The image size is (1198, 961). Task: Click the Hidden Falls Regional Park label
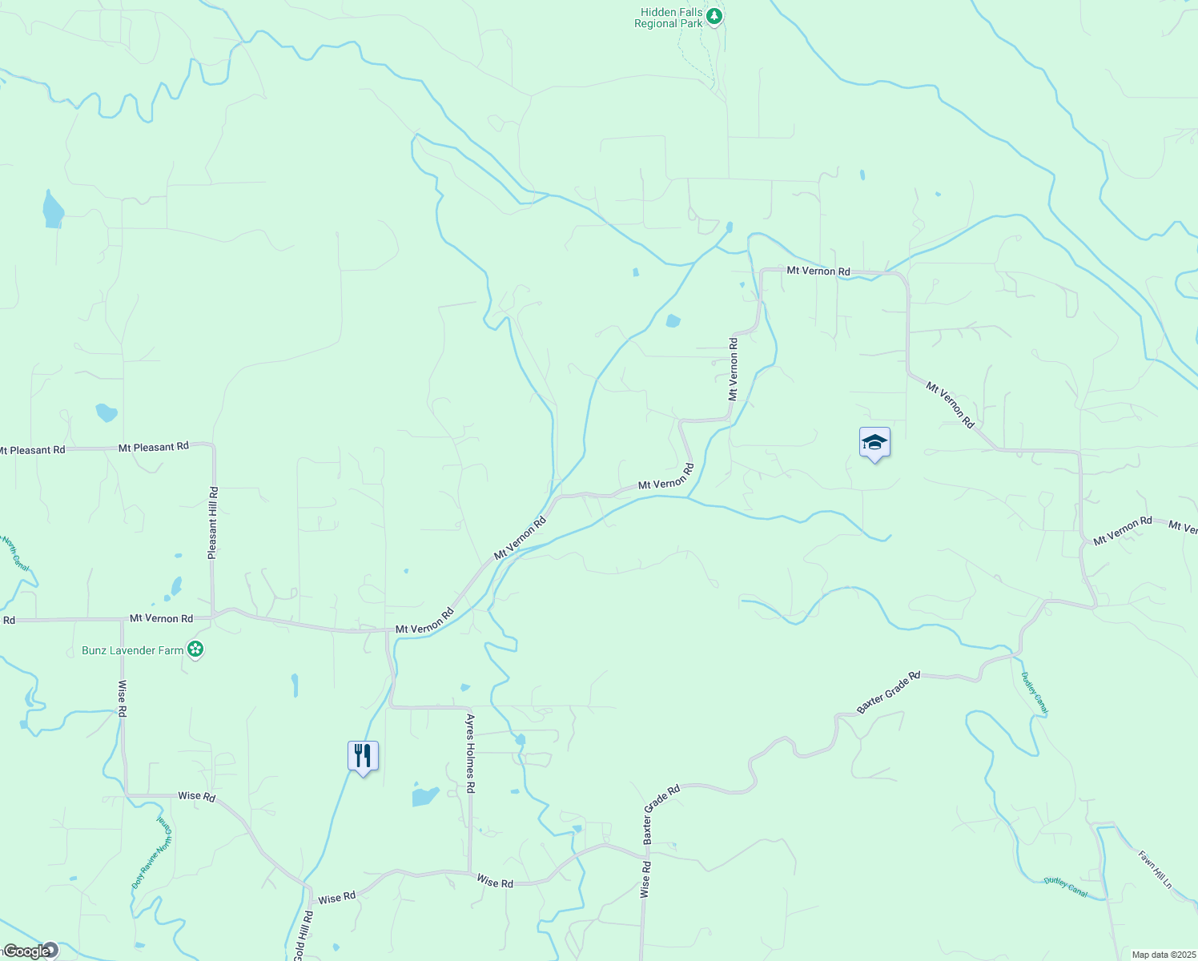tap(669, 18)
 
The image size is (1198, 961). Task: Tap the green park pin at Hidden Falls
tap(714, 16)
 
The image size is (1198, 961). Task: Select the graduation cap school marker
tap(874, 443)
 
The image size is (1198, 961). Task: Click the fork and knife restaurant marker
tap(363, 755)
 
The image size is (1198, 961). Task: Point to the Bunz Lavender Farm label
tap(133, 650)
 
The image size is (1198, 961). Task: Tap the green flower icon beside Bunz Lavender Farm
tap(195, 649)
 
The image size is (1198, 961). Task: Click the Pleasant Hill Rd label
tap(212, 522)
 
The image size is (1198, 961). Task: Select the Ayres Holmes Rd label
tap(471, 754)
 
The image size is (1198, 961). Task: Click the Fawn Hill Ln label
tap(1156, 870)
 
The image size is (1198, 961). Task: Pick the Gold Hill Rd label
tap(304, 935)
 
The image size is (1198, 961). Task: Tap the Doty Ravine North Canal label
tap(152, 853)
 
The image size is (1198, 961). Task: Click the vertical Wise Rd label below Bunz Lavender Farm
tap(122, 698)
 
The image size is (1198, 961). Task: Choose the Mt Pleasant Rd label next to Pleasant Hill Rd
tap(154, 447)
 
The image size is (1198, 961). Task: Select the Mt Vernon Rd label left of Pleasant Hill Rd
tap(161, 618)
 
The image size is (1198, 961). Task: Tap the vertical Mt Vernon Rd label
tap(733, 369)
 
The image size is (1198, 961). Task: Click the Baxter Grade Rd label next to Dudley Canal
tap(888, 693)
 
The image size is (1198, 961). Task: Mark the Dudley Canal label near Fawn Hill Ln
tap(1066, 886)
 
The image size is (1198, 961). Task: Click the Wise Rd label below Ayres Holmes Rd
tap(495, 882)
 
